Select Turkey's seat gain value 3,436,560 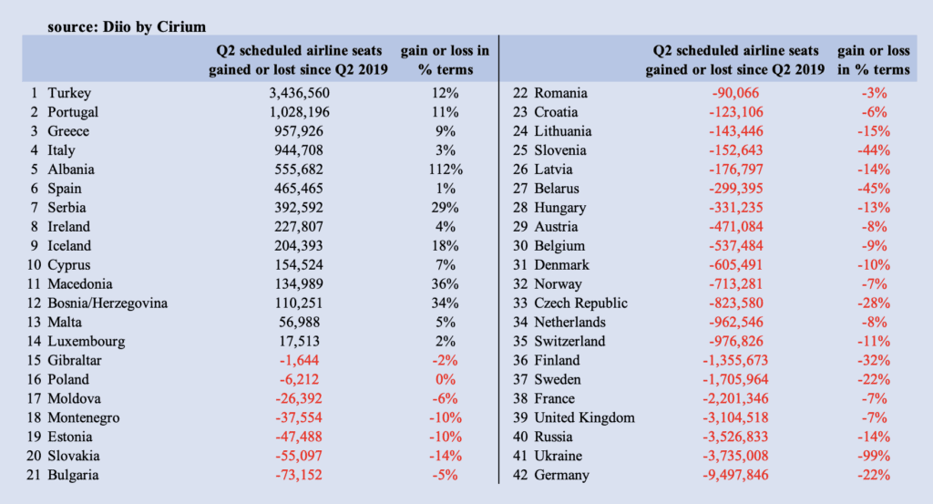tap(299, 94)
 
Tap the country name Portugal tap(73, 112)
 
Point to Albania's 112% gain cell tap(445, 170)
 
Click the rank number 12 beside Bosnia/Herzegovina tap(34, 303)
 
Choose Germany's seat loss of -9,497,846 tap(735, 476)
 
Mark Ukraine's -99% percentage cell tap(874, 457)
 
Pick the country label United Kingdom tap(584, 418)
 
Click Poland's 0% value tap(445, 380)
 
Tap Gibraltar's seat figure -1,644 tap(299, 361)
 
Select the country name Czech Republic tap(580, 303)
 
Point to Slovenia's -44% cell tap(874, 150)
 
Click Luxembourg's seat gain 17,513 tap(299, 342)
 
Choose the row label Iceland tap(69, 246)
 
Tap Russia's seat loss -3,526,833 tap(735, 437)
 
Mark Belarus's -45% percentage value tap(874, 189)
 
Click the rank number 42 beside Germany tap(520, 476)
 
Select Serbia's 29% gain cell tap(445, 208)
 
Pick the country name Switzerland tap(569, 342)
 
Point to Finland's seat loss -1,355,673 tap(735, 361)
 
